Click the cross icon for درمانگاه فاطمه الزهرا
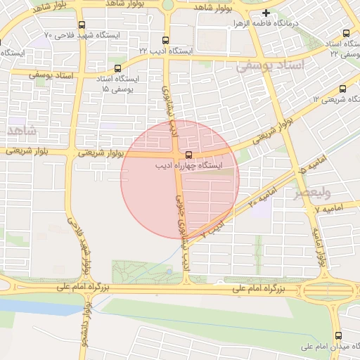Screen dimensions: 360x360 266,13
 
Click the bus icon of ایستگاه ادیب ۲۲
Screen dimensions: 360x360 165,40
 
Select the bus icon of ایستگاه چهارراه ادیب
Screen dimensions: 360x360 188,155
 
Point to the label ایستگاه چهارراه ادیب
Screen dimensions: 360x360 188,166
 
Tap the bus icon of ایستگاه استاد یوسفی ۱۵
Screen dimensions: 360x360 117,69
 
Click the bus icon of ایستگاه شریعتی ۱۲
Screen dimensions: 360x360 342,89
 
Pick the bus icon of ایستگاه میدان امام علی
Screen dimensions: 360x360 338,335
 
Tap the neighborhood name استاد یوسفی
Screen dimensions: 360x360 271,65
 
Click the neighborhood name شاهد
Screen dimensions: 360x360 20,131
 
